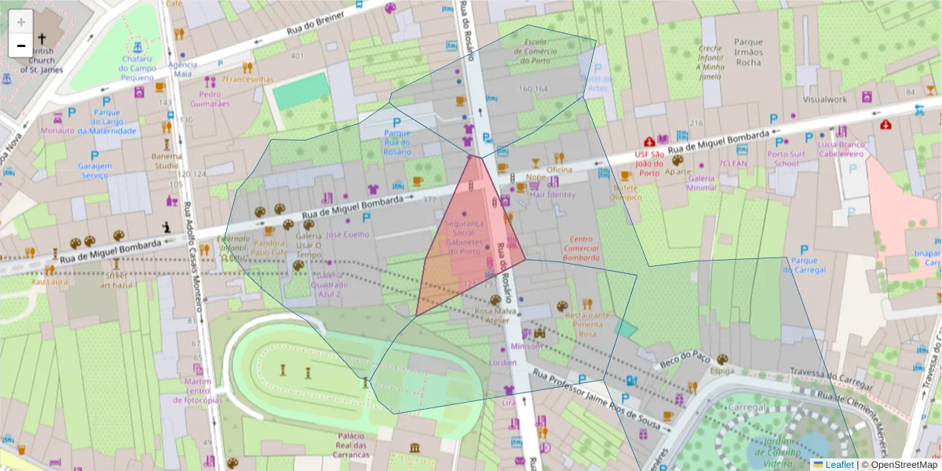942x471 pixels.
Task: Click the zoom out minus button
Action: [21, 46]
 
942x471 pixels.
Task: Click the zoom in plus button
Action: [21, 22]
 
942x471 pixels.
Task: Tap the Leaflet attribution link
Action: [839, 465]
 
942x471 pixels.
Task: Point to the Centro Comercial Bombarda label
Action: [581, 248]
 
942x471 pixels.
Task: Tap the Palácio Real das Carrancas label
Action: [350, 445]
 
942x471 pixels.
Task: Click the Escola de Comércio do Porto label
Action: [535, 51]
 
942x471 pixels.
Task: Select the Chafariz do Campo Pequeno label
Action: [137, 68]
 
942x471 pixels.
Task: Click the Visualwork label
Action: [825, 100]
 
